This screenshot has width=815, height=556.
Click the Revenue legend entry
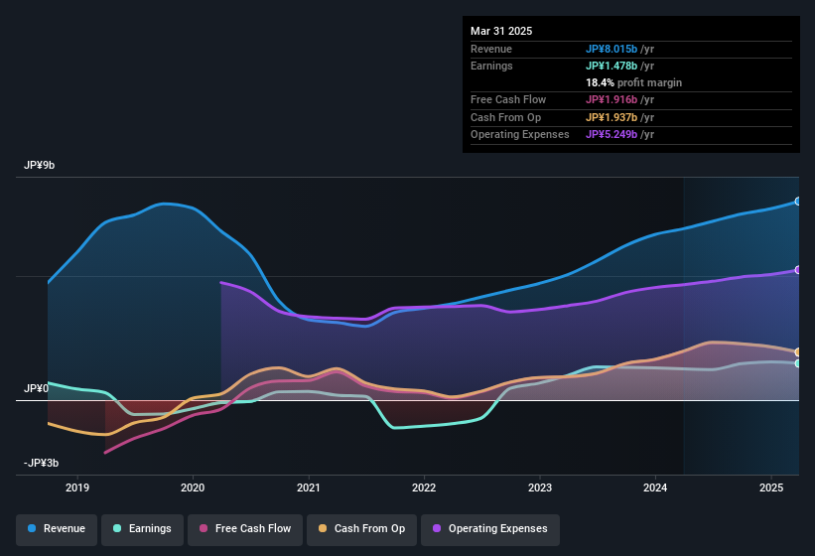(58, 529)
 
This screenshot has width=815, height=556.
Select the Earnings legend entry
(143, 529)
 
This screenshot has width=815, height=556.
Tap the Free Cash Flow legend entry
(245, 529)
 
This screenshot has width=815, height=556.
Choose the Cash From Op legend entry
(359, 529)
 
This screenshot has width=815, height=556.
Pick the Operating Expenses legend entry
(490, 529)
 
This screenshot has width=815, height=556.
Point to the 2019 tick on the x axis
(77, 487)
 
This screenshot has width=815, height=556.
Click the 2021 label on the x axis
(309, 487)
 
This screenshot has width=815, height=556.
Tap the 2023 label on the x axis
(540, 487)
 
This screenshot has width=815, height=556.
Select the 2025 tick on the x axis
(770, 487)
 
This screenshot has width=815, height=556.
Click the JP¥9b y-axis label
(40, 165)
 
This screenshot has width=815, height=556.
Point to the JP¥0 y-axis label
(36, 388)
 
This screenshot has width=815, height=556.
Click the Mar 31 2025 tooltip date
(501, 31)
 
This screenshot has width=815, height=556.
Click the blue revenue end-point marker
(798, 202)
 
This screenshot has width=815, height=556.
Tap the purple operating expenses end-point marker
(798, 270)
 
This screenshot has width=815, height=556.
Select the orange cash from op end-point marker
(798, 352)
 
